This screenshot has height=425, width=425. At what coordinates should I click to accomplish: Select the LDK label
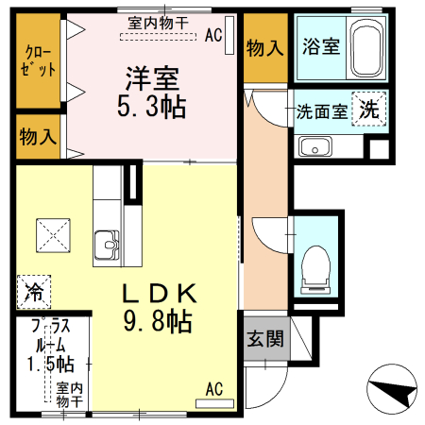tap(159, 294)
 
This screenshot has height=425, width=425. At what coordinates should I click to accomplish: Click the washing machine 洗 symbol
tap(368, 108)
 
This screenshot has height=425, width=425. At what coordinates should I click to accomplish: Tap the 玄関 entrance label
tap(265, 339)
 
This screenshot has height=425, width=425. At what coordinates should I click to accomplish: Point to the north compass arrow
tap(391, 388)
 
